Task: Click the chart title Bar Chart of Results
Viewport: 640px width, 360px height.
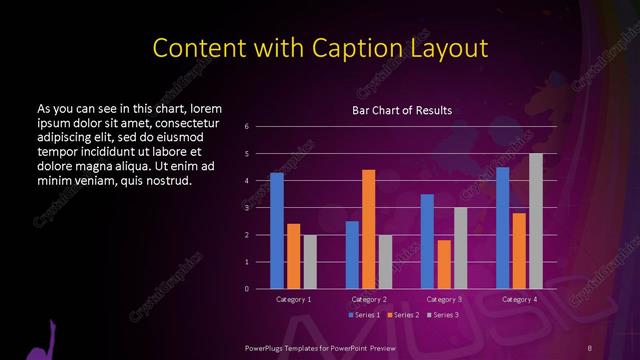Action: coord(402,110)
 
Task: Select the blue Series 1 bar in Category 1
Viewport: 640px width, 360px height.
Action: coord(277,230)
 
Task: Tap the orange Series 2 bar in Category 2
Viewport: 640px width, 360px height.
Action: coord(368,229)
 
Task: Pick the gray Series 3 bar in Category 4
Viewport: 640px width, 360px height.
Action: coord(536,221)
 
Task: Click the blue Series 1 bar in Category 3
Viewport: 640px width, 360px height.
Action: coord(427,241)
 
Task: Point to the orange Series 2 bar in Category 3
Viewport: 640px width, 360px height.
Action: coord(443,264)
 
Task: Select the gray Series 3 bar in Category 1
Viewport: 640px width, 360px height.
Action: coord(310,261)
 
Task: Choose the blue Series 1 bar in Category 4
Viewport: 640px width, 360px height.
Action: coord(503,227)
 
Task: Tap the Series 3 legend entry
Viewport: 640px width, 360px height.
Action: coord(444,315)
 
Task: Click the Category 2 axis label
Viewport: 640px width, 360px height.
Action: coord(369,299)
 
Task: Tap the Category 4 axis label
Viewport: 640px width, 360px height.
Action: coord(519,299)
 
